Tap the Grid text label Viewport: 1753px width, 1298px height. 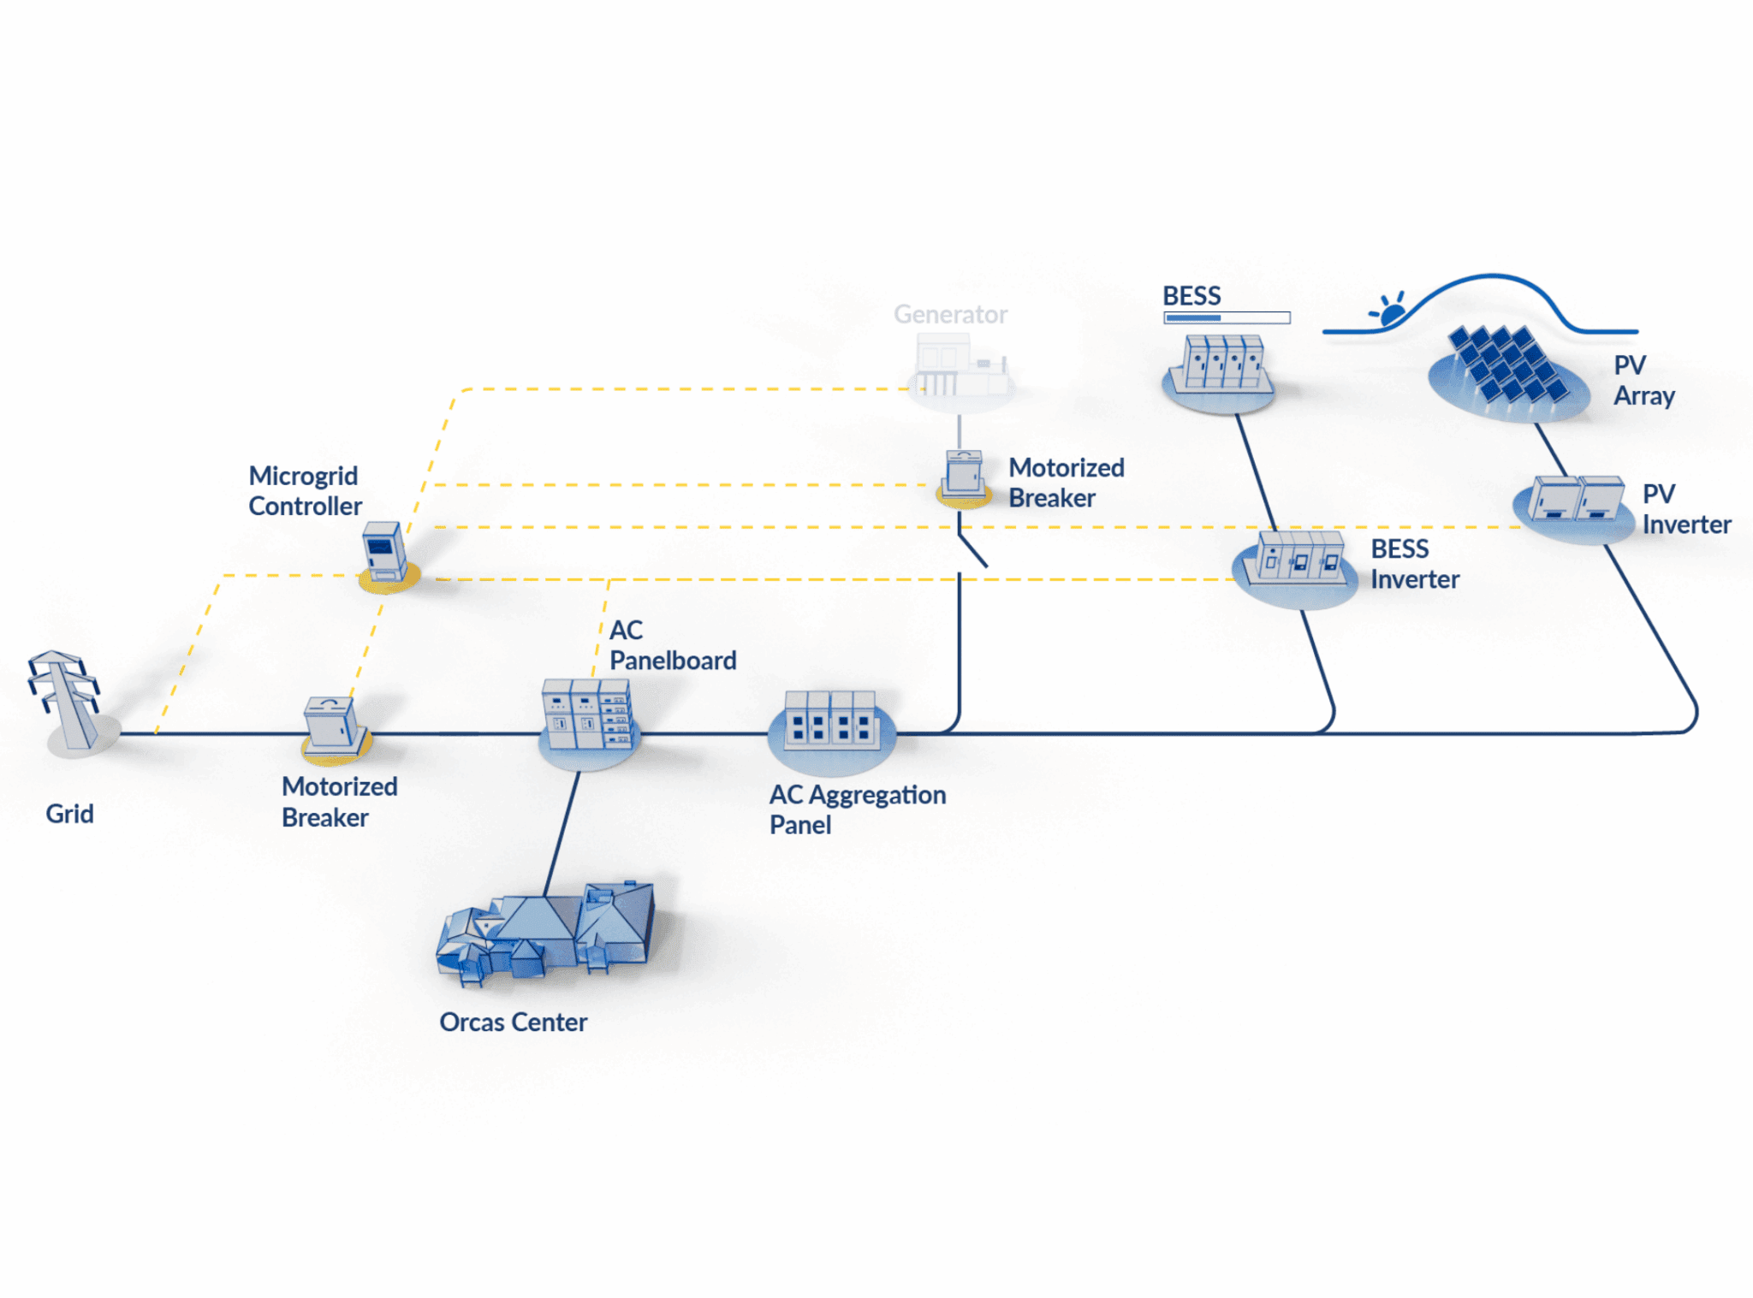click(x=69, y=814)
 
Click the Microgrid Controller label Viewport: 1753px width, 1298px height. click(x=305, y=491)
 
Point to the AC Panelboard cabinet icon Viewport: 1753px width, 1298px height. click(x=588, y=715)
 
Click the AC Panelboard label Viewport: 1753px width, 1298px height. click(x=672, y=645)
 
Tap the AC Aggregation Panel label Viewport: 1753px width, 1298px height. click(x=857, y=809)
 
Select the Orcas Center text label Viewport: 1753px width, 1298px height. click(x=513, y=1022)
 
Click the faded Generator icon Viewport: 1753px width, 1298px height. click(x=959, y=368)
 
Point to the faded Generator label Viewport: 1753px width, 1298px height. click(x=950, y=315)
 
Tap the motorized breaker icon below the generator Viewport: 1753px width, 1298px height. click(x=964, y=475)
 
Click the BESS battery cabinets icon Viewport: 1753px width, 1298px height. click(x=1220, y=366)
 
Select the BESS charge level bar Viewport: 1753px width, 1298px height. click(x=1227, y=318)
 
